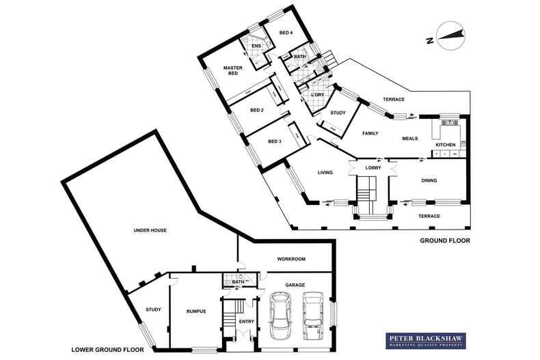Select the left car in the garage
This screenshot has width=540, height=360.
(281, 316)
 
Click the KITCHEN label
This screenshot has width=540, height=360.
(446, 145)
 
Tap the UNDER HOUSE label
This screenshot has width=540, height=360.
(150, 230)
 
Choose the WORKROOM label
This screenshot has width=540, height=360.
(291, 260)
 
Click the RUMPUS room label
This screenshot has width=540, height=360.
(196, 311)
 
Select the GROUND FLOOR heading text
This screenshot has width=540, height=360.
(445, 240)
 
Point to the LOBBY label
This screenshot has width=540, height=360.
(373, 167)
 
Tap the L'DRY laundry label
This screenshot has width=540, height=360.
(316, 96)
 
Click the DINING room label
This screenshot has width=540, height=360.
(429, 180)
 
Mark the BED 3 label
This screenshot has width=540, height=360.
(274, 141)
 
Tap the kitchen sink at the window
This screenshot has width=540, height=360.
(450, 123)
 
